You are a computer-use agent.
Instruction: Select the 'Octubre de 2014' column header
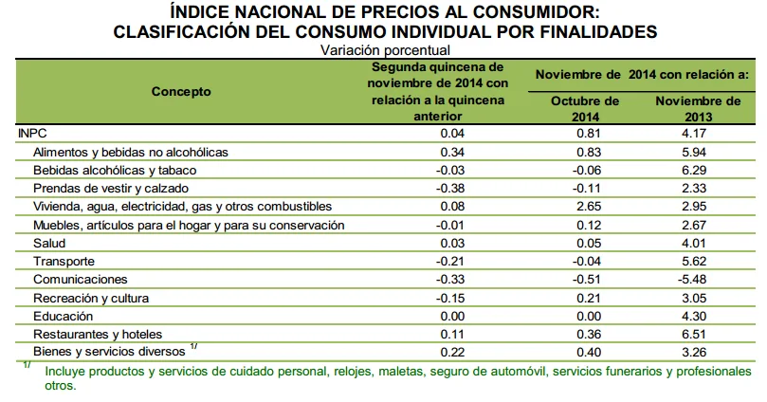[585, 108]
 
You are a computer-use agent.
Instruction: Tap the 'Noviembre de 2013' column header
[699, 108]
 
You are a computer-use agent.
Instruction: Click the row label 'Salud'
[49, 244]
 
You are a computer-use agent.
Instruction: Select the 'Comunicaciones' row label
[80, 280]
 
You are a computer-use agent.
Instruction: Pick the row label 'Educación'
[63, 316]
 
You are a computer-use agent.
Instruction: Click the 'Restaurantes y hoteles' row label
[98, 334]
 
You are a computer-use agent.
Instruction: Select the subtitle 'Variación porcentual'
[384, 49]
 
